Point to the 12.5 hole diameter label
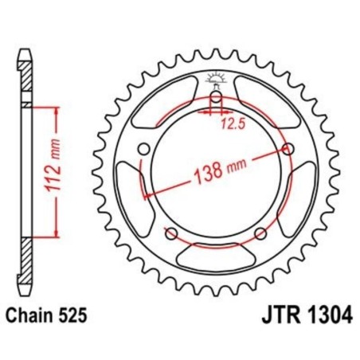(x=229, y=123)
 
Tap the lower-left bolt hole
(x=170, y=233)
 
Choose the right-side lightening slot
(x=300, y=191)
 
